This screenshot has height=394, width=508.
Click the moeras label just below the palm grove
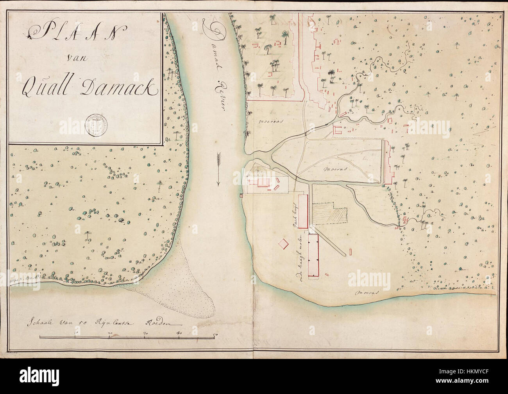pyautogui.click(x=270, y=121)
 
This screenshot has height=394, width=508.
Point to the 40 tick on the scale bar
pyautogui.click(x=179, y=333)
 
